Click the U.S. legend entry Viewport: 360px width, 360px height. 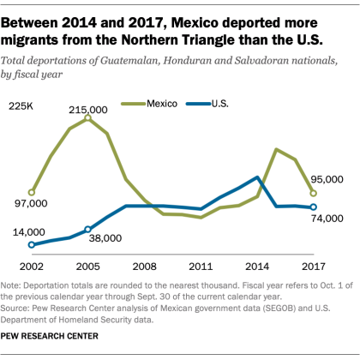pyautogui.click(x=215, y=104)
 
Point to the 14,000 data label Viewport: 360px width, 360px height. pyautogui.click(x=28, y=232)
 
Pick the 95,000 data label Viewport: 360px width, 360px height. pyautogui.click(x=327, y=179)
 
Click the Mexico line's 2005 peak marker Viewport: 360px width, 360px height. pyautogui.click(x=87, y=118)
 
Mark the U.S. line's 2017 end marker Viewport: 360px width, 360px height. pyautogui.click(x=313, y=207)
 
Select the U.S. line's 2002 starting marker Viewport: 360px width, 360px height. pyautogui.click(x=32, y=245)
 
